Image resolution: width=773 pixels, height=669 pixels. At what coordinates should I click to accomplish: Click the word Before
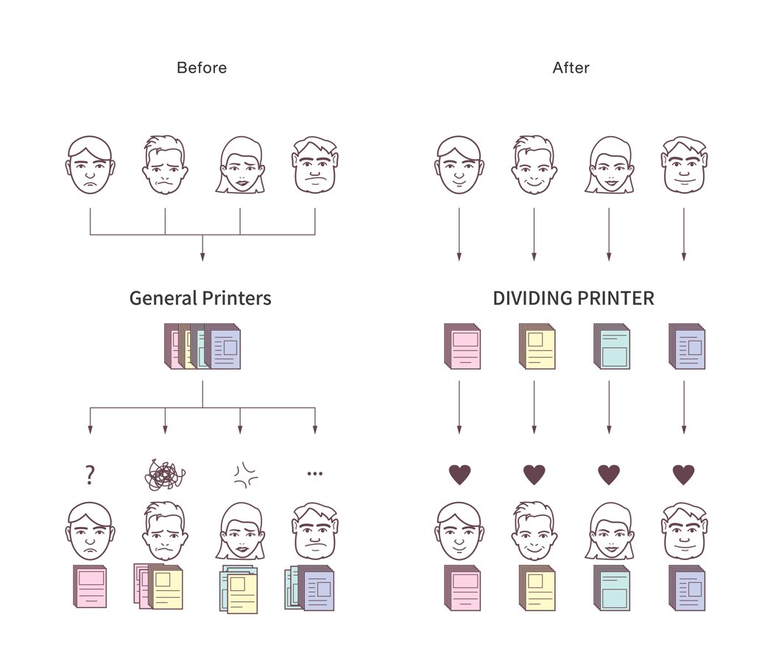point(202,68)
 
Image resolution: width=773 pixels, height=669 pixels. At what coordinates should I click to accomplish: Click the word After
point(571,68)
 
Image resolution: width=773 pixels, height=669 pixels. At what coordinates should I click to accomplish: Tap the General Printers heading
point(200,298)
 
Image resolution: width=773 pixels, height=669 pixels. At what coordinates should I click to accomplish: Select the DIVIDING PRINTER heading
point(573,298)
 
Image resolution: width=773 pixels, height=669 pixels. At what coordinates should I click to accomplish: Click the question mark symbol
point(90,474)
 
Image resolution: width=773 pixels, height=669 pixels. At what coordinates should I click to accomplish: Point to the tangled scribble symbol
point(165,475)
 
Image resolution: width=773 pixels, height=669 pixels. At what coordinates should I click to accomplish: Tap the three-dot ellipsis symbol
point(314,474)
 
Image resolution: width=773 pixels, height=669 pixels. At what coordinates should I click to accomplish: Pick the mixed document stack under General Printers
point(202,346)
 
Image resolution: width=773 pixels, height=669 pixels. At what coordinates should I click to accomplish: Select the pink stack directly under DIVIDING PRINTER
point(462,346)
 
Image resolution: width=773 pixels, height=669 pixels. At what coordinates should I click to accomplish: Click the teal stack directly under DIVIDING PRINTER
point(612,346)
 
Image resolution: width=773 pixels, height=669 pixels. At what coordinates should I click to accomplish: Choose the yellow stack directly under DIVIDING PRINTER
point(537,346)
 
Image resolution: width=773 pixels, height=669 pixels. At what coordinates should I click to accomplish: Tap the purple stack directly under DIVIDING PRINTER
point(687,346)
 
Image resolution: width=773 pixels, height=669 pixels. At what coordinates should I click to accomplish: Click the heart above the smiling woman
point(609,475)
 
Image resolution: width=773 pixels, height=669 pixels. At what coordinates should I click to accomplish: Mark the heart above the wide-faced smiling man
point(684,475)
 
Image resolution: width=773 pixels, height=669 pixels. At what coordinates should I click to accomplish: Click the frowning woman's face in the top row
point(241,165)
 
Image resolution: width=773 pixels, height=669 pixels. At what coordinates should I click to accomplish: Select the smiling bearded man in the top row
point(534,165)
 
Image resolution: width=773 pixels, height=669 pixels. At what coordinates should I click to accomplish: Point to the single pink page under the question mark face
point(90,586)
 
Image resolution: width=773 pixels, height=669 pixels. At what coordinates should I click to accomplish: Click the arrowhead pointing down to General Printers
point(202,257)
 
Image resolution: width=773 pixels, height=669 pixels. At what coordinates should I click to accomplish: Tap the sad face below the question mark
point(91,531)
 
